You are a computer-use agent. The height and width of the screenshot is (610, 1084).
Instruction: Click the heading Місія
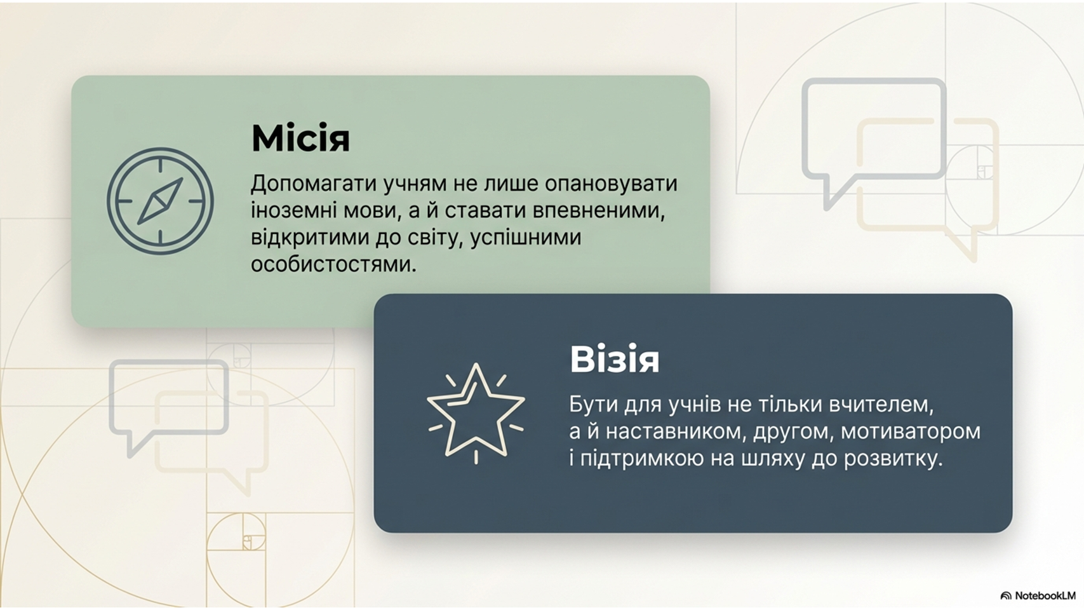[x=300, y=139]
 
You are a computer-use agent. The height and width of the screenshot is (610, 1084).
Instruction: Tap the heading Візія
[x=614, y=359]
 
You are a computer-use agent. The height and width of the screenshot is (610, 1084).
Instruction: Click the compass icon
[x=160, y=201]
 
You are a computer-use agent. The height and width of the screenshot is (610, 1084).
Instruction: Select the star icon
[x=476, y=414]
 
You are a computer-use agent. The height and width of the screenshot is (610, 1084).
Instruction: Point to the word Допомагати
[x=314, y=184]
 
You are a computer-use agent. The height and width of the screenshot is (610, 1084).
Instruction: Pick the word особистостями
[x=333, y=265]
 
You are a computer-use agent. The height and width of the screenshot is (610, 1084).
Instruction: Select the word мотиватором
[x=911, y=431]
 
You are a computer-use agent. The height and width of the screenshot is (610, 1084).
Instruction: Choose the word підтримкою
[x=642, y=459]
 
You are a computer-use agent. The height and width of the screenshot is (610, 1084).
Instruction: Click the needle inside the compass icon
[x=160, y=201]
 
